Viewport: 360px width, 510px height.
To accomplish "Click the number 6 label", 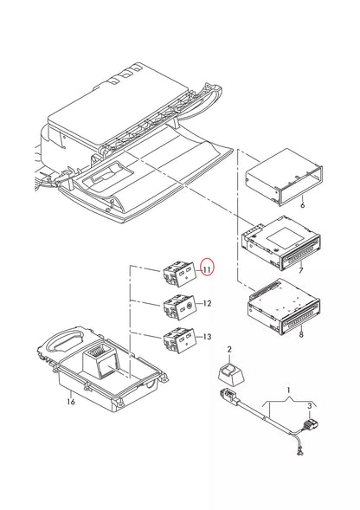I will coord(302,205).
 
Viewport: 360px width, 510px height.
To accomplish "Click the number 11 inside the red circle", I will coord(207,270).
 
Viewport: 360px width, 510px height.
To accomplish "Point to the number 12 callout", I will coord(207,303).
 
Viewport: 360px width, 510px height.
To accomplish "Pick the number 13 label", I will coord(207,337).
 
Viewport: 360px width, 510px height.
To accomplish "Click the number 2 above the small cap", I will coord(228,349).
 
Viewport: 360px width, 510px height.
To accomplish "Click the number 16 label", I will coord(71,401).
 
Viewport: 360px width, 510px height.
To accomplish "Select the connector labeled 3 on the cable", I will coord(312,425).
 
